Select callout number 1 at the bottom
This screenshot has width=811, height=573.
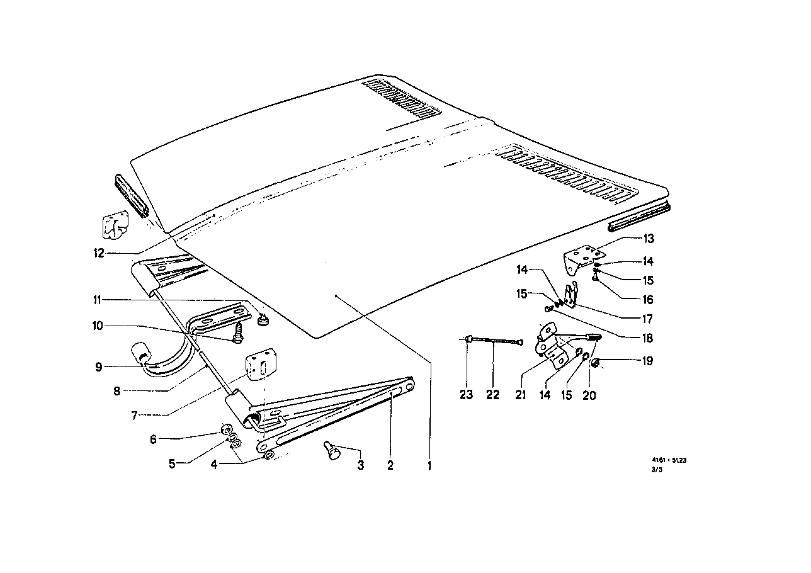(430, 467)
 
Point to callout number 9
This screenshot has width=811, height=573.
(99, 366)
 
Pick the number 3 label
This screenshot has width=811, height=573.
(361, 466)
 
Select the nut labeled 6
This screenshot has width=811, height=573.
(224, 431)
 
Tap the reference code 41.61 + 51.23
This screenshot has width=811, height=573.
(669, 460)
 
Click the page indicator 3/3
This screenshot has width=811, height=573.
(658, 469)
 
